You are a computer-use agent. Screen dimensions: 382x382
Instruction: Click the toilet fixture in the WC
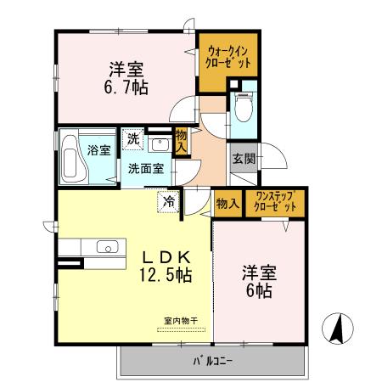click(243, 108)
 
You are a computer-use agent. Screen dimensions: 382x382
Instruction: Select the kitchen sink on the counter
click(107, 248)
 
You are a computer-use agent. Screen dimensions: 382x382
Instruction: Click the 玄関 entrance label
click(242, 160)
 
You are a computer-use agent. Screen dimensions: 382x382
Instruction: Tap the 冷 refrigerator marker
click(169, 202)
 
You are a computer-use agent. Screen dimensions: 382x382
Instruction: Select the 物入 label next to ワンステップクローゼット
click(227, 203)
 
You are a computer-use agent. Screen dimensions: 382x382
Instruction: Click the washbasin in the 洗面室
click(158, 142)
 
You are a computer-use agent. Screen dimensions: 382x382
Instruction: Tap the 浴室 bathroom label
click(98, 150)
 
